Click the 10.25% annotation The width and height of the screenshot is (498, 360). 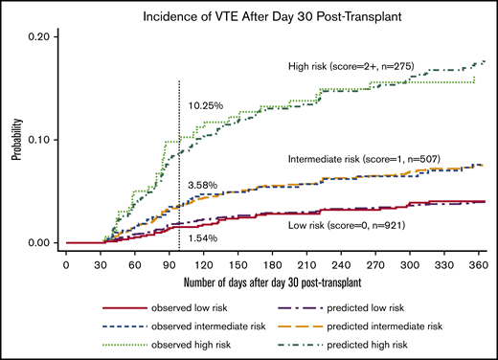tap(207, 105)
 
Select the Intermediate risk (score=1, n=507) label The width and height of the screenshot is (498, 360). tap(362, 156)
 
